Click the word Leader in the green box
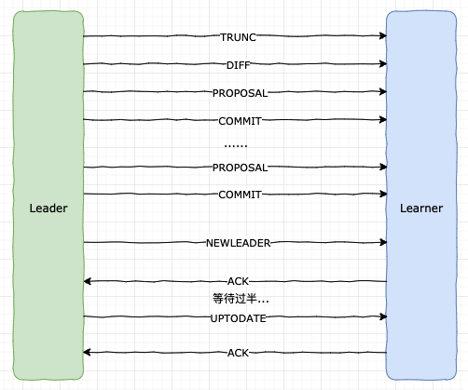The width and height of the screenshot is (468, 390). (x=48, y=208)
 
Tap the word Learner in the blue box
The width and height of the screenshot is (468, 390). (x=421, y=208)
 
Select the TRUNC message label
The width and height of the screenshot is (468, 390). (x=239, y=37)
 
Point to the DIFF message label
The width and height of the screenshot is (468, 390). (x=239, y=65)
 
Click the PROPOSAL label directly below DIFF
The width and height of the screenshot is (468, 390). (x=240, y=93)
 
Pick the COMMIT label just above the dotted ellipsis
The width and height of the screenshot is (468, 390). (x=240, y=121)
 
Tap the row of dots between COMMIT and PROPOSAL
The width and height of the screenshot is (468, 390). (x=236, y=145)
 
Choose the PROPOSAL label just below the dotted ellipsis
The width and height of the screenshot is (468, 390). (x=240, y=168)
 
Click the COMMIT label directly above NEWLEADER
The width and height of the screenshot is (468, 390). (x=240, y=195)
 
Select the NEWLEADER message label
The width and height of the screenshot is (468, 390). (x=239, y=243)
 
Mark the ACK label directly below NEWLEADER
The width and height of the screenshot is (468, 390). (x=238, y=281)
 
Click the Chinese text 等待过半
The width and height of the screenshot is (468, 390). (x=235, y=299)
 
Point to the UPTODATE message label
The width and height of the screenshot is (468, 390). (x=239, y=318)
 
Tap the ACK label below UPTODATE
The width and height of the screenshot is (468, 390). (x=238, y=353)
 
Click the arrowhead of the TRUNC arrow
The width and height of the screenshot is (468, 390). (x=383, y=35)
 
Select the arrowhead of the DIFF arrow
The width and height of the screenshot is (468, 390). (x=383, y=64)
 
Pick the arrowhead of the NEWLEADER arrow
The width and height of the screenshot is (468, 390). (x=383, y=242)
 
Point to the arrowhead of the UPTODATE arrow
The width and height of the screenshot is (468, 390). (x=383, y=316)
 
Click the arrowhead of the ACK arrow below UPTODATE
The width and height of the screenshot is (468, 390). (x=87, y=352)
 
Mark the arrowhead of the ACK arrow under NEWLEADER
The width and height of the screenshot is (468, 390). (x=87, y=281)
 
